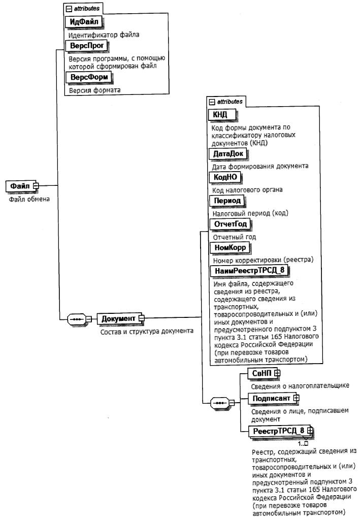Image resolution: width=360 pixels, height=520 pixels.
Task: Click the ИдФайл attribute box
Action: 84,22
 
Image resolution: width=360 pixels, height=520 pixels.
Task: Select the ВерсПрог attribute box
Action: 87,46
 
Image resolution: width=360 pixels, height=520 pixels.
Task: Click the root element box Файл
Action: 19,186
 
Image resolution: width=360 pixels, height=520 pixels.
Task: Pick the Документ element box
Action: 118,318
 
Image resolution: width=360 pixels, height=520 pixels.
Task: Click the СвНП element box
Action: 262,373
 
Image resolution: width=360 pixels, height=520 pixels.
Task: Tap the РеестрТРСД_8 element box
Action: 278,432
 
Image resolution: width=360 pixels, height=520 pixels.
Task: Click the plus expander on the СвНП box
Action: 277,373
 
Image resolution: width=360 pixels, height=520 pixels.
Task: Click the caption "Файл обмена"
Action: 30,199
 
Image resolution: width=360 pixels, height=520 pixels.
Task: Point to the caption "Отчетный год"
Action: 234,237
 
